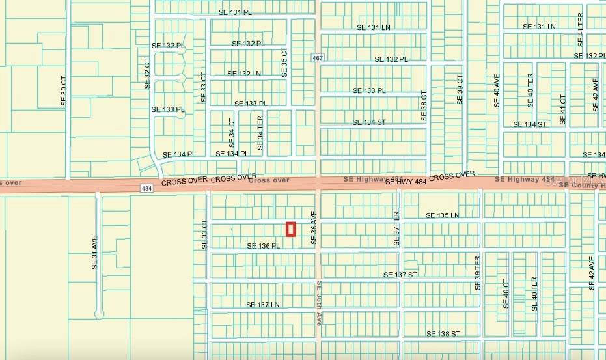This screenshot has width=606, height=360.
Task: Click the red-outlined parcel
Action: click(291, 228)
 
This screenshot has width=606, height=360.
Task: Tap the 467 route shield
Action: click(317, 58)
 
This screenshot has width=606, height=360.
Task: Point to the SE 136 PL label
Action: click(263, 246)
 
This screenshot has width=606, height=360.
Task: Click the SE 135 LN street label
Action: click(442, 215)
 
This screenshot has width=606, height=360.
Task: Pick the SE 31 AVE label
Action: click(94, 253)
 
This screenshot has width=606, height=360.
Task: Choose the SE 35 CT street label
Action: click(284, 62)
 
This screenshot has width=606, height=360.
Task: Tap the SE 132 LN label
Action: click(244, 74)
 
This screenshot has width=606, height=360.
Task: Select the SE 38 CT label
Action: click(423, 105)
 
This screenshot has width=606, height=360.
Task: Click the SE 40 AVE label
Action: click(497, 90)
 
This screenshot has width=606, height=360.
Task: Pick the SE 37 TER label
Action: click(396, 228)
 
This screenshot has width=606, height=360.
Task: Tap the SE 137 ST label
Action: click(400, 275)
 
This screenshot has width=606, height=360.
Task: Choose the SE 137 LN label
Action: click(263, 305)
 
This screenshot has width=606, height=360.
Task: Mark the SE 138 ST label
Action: click(443, 333)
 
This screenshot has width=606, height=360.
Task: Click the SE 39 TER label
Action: click(477, 273)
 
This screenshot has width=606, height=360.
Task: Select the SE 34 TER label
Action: click(260, 133)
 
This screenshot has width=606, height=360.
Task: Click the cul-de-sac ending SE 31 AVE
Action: click(98, 314)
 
